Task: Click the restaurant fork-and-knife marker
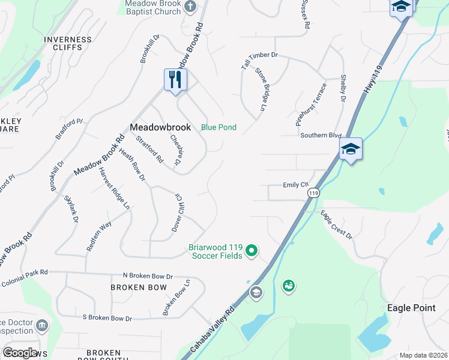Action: click(x=175, y=80)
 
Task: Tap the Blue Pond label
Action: click(x=218, y=127)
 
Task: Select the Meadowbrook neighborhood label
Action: click(x=160, y=127)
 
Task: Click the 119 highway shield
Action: click(x=313, y=193)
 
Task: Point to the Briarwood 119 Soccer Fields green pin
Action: click(x=252, y=250)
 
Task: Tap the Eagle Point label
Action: click(x=411, y=307)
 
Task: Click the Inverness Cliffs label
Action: click(x=68, y=44)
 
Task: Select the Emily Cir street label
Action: click(x=295, y=185)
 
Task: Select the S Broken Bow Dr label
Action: click(x=107, y=318)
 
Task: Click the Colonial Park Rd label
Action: click(x=24, y=278)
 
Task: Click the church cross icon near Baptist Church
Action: click(x=190, y=7)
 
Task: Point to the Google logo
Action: click(x=19, y=353)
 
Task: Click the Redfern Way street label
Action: click(x=99, y=236)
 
